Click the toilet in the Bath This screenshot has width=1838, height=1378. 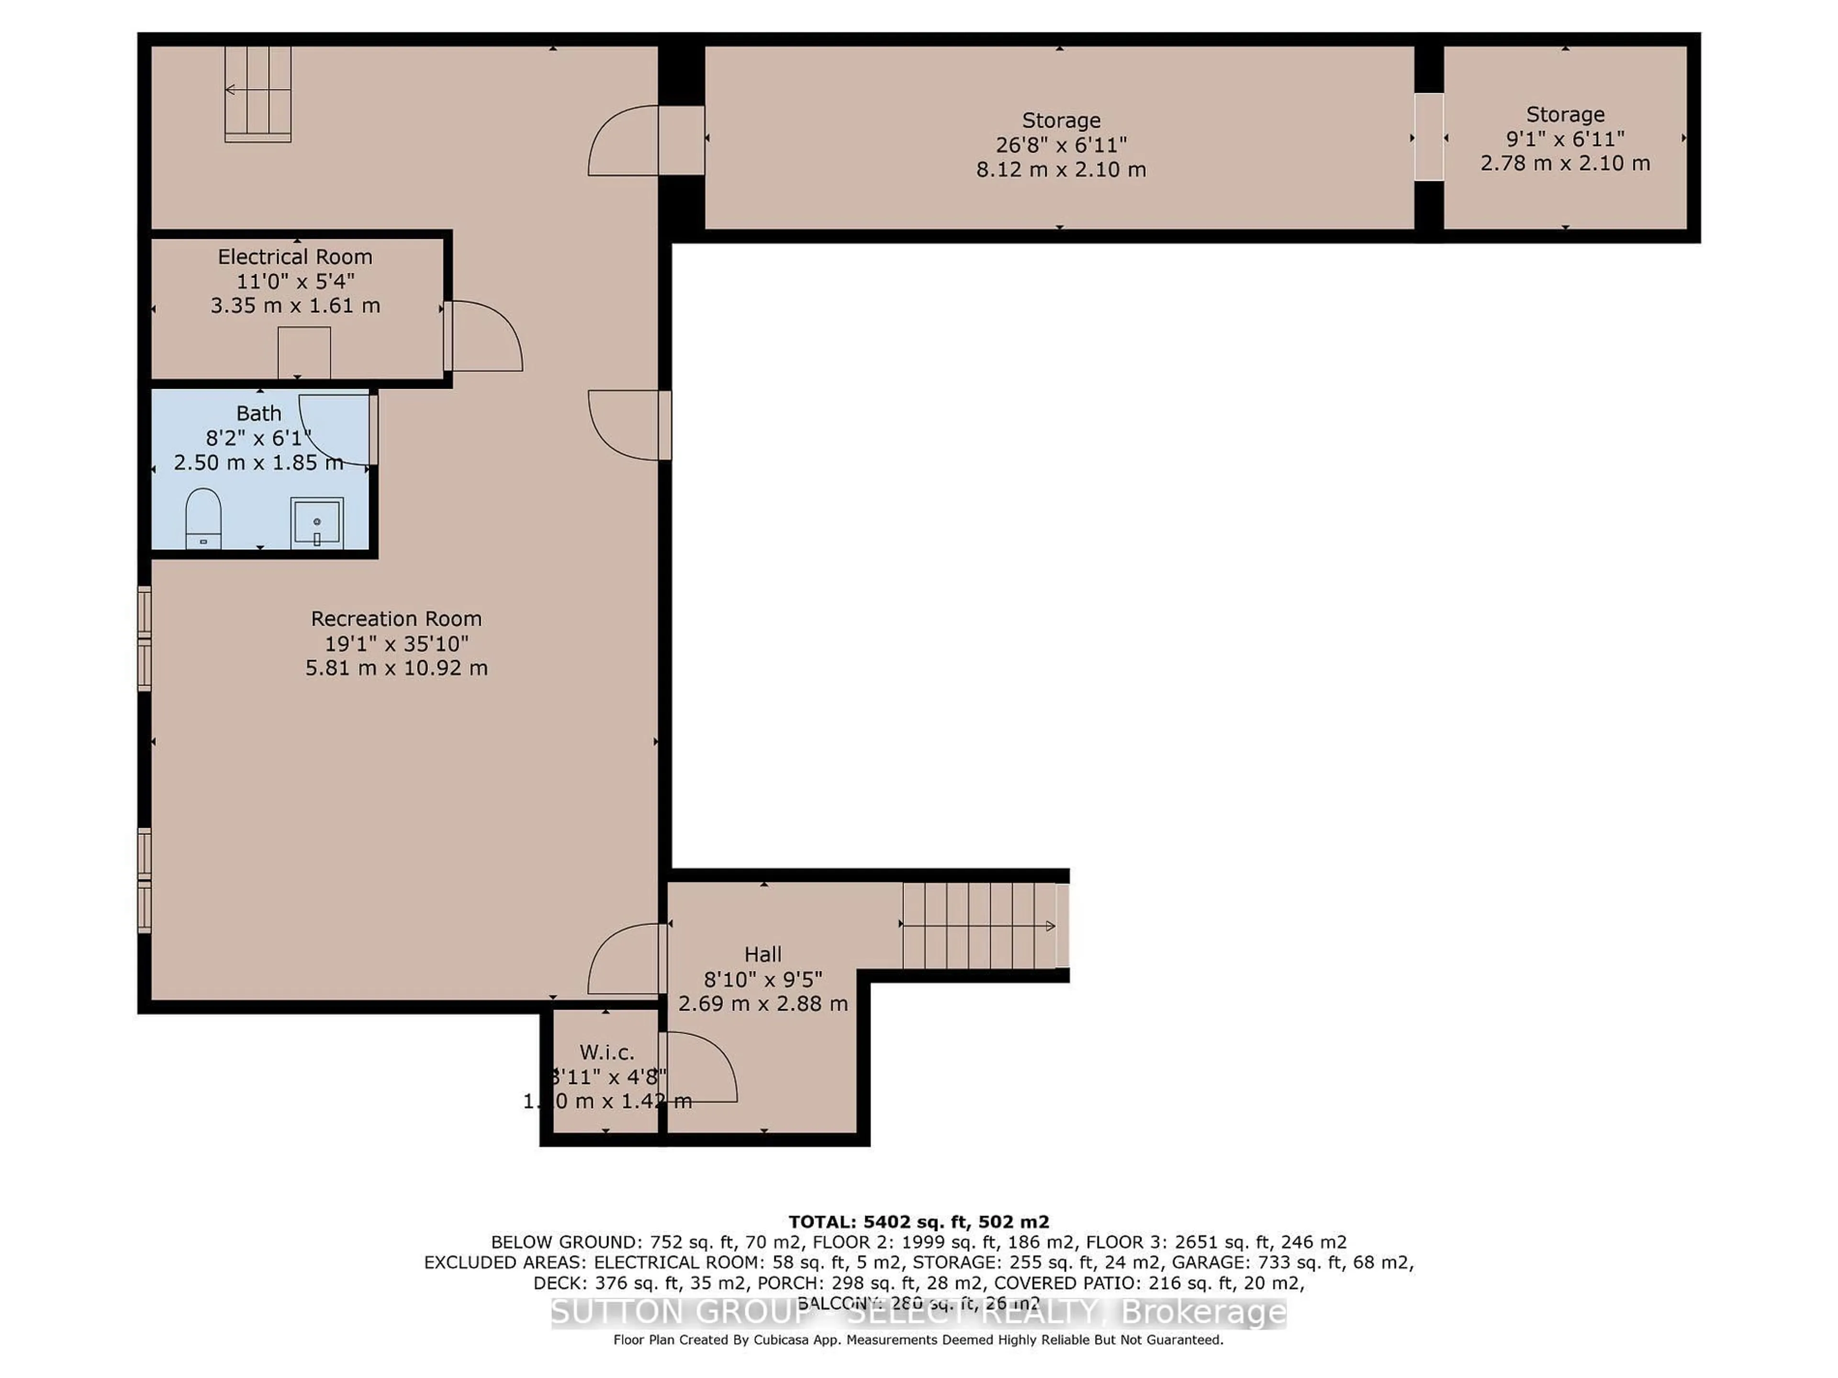tap(203, 518)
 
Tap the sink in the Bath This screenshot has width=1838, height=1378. tap(316, 522)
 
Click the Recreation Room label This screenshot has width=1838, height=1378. tap(396, 619)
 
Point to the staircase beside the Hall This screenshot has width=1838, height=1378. tap(980, 925)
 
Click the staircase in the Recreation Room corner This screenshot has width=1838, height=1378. tap(258, 92)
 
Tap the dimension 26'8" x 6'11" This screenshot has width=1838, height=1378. tap(1061, 144)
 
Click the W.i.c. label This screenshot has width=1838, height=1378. tap(606, 1052)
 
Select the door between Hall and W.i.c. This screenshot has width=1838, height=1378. tap(696, 1067)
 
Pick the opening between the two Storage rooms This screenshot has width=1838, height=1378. tap(1428, 137)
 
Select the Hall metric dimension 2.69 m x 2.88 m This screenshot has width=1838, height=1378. tap(763, 1003)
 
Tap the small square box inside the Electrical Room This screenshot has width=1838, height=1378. tap(304, 352)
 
